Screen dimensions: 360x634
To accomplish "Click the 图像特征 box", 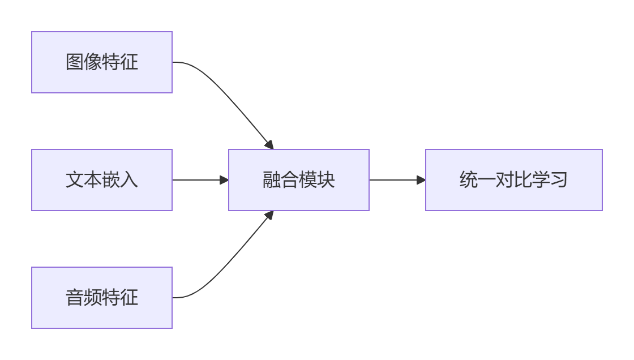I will (102, 62).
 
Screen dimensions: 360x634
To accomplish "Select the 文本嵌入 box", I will (102, 180).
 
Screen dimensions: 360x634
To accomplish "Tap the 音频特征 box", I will (102, 298).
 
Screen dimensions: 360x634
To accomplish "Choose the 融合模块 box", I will (299, 180).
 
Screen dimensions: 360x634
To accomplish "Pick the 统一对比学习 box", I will (513, 180).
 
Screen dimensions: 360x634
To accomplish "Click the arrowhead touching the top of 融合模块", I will (269, 145).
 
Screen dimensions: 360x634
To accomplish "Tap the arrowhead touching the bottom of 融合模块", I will (269, 215).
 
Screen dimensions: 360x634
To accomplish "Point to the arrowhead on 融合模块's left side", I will (224, 180).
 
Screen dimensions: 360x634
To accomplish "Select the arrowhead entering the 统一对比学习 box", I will (421, 180).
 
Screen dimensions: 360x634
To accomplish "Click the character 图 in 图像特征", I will (75, 62).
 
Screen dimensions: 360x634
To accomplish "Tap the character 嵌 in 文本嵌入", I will (111, 180).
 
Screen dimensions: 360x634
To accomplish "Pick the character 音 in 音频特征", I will (75, 298).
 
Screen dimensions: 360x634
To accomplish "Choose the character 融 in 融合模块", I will (272, 180).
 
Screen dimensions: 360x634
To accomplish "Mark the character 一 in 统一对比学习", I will (486, 180).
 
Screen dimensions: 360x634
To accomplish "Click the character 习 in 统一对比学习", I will (559, 180).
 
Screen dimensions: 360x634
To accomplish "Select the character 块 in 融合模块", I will (326, 180).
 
